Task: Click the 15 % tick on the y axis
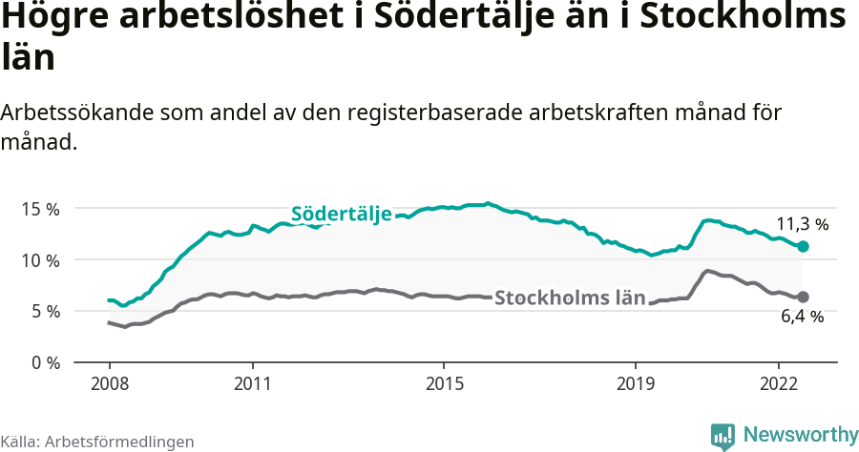(x=40, y=209)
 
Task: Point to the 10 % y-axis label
(x=40, y=260)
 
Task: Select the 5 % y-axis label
(x=44, y=311)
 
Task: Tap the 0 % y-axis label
(x=44, y=362)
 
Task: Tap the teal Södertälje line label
(x=341, y=214)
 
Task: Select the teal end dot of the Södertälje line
(x=803, y=246)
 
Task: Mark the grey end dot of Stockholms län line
(x=803, y=297)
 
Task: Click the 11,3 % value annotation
(x=801, y=224)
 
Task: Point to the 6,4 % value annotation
(x=802, y=317)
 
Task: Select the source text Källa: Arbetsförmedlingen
(x=97, y=442)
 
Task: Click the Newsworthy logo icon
(x=723, y=436)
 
